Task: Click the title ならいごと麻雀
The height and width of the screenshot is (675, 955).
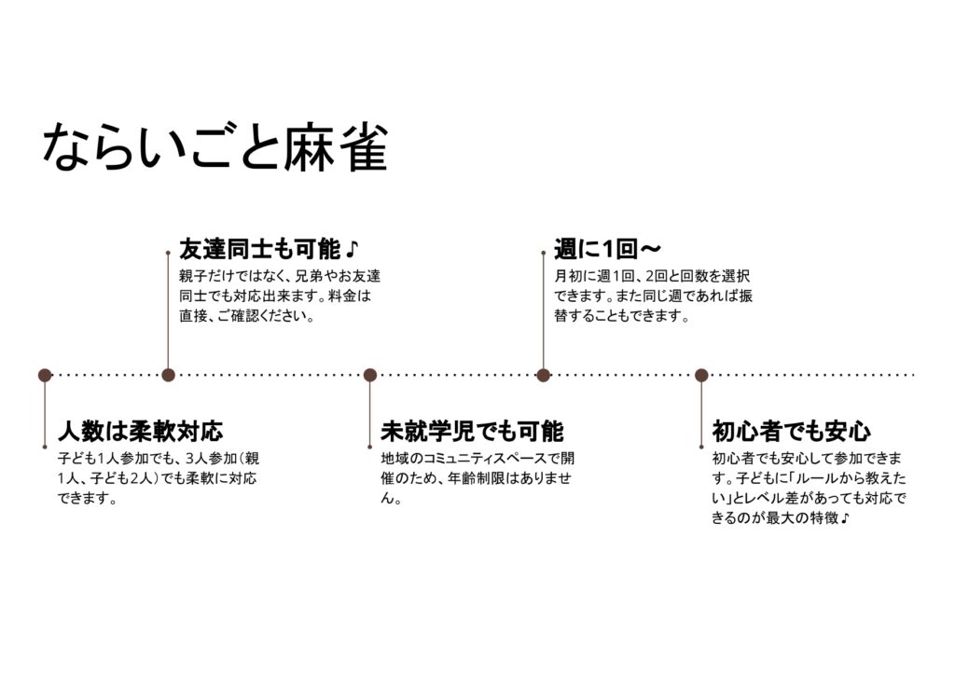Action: pos(215,147)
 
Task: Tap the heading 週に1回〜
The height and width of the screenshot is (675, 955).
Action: pos(607,250)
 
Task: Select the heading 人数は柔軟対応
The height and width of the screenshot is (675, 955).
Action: pos(140,432)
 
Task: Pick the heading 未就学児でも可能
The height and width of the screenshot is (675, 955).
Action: pos(472,432)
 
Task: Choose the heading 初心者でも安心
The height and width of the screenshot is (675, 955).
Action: pos(791,432)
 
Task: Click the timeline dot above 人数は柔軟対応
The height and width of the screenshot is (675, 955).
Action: pos(45,375)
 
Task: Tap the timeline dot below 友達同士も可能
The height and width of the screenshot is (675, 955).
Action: pos(168,375)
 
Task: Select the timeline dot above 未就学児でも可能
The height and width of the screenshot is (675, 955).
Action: pos(370,375)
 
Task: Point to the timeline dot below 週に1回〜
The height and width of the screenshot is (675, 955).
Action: pos(544,375)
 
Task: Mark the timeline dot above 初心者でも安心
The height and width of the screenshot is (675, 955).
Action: pos(701,375)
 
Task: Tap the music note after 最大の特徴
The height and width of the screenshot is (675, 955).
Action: pos(844,518)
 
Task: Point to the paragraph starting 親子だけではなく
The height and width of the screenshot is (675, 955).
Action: pos(280,296)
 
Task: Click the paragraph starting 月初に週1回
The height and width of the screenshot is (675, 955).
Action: pos(653,296)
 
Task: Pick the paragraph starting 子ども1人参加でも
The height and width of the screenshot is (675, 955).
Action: pos(159,478)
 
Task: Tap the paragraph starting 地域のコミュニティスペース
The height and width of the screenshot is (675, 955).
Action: pos(477,478)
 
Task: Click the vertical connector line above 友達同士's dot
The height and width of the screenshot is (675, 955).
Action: pos(168,312)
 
